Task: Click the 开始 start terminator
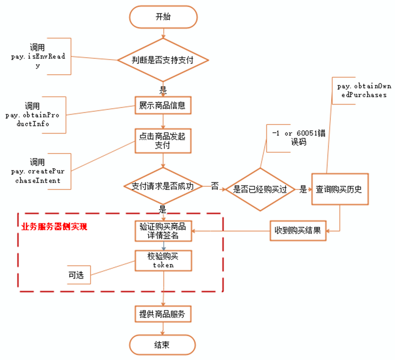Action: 163,17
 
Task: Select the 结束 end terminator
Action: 163,345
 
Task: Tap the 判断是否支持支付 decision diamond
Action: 163,60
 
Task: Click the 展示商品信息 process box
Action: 163,106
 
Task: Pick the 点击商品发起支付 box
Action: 163,140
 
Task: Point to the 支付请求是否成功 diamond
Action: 163,186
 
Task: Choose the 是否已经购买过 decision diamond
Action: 260,189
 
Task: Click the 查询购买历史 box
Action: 339,189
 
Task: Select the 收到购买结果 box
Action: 298,230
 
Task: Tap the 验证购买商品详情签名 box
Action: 163,230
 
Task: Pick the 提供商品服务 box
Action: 163,314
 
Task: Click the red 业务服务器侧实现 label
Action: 54,226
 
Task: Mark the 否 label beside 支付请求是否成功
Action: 215,186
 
